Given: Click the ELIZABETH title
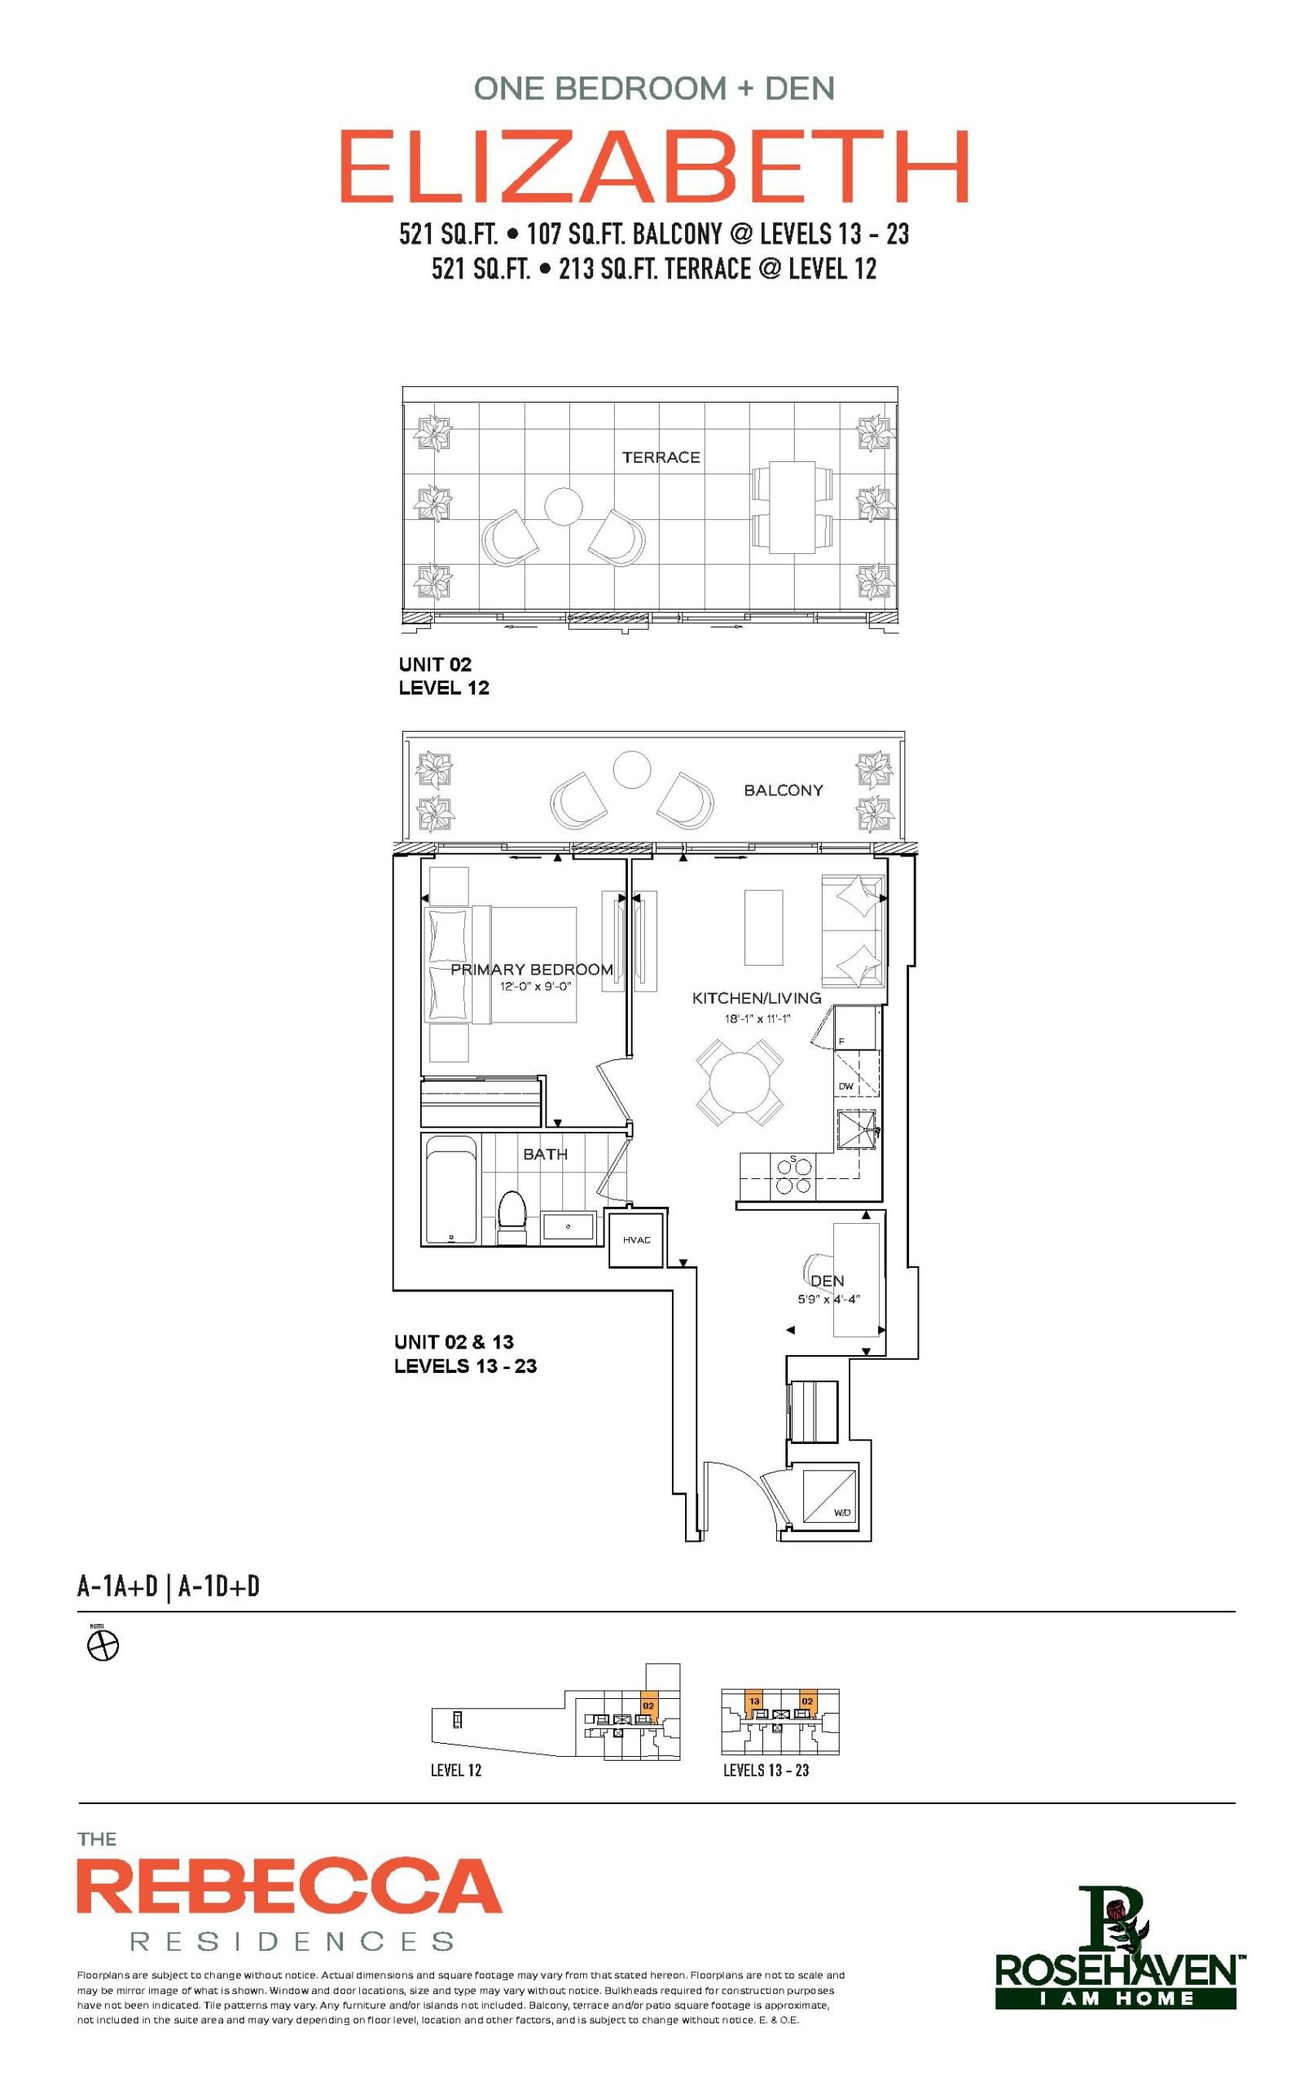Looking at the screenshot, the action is pyautogui.click(x=654, y=166).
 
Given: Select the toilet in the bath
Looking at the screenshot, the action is pyautogui.click(x=512, y=1218).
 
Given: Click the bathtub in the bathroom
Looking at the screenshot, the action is pyautogui.click(x=450, y=1190).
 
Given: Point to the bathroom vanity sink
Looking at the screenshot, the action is pyautogui.click(x=569, y=1227).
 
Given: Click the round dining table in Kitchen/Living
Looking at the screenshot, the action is pyautogui.click(x=740, y=1082).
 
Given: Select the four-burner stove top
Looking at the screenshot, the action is pyautogui.click(x=794, y=1177).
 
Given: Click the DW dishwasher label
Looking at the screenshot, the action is pyautogui.click(x=845, y=1086).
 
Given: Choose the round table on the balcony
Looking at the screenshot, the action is pyautogui.click(x=631, y=768).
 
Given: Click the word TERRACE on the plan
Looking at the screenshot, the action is pyautogui.click(x=661, y=457).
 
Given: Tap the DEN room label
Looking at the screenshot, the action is pyautogui.click(x=827, y=1280).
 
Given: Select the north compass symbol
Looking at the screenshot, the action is pyautogui.click(x=103, y=1646).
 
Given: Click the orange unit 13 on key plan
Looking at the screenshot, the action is pyautogui.click(x=754, y=1701).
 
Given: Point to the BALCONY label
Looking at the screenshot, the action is pyautogui.click(x=783, y=790).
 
